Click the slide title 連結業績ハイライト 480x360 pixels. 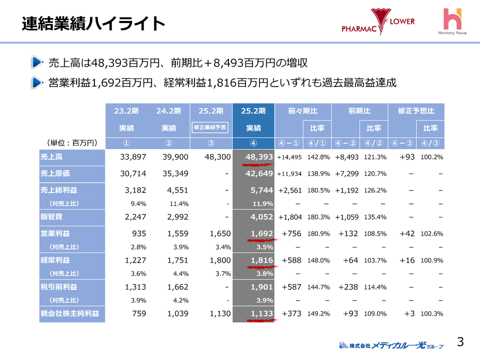pos(93,23)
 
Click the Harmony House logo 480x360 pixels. pos(452,22)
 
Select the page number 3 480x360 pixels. pos(460,341)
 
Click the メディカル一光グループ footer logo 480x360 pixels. pos(391,345)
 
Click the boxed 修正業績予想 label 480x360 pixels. pos(210,128)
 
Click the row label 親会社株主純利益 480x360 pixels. pos(69,313)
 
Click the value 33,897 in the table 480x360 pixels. pos(133,157)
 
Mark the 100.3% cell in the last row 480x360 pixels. pos(432,313)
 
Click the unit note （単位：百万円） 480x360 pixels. pos(70,143)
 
